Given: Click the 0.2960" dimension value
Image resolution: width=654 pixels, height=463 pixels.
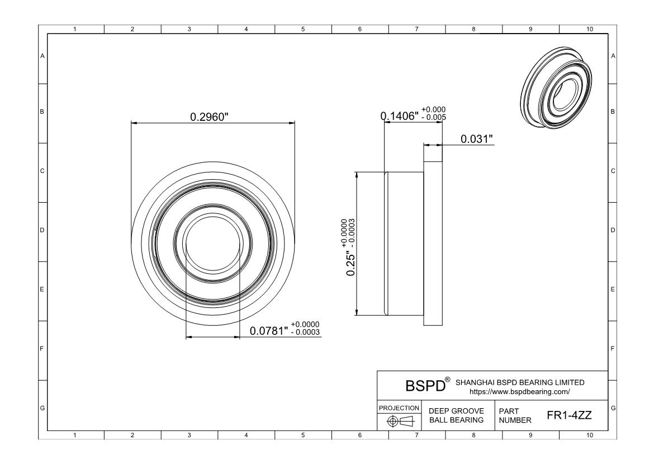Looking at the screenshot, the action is pyautogui.click(x=209, y=116).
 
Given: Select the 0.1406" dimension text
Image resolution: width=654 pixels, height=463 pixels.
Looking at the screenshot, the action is pyautogui.click(x=399, y=116).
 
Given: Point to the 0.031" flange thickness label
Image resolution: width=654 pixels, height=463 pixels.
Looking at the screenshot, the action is pyautogui.click(x=477, y=139).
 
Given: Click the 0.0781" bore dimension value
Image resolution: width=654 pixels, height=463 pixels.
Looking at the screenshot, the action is pyautogui.click(x=269, y=331).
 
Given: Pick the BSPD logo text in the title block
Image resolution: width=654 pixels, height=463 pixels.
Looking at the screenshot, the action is pyautogui.click(x=425, y=386).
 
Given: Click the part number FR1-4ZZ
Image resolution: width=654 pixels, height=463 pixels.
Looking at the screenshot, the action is pyautogui.click(x=570, y=415).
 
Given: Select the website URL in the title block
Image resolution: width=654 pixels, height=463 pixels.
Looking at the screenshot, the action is pyautogui.click(x=520, y=392).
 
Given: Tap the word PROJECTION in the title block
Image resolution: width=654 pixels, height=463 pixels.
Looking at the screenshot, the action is pyautogui.click(x=399, y=408).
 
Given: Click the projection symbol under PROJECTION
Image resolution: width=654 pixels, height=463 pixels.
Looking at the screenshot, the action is pyautogui.click(x=400, y=421).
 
